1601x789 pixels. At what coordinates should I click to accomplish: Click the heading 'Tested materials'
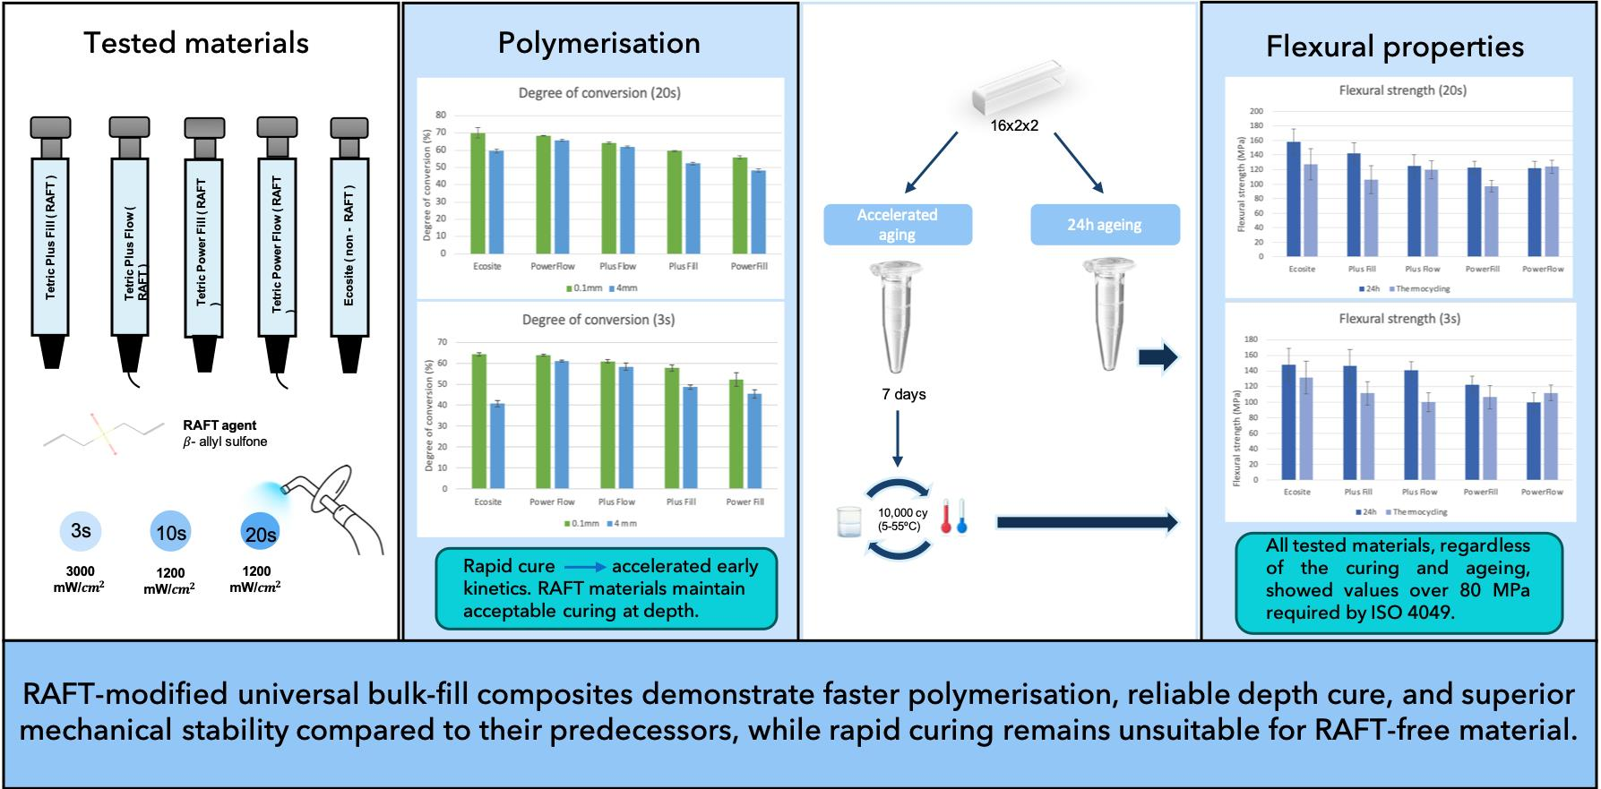tap(196, 43)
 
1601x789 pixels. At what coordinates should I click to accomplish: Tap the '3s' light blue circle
tap(81, 531)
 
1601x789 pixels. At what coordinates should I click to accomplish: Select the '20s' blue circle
tap(260, 534)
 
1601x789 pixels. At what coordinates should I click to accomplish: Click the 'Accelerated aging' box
tap(897, 225)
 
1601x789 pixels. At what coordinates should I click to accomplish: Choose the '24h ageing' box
tap(1104, 225)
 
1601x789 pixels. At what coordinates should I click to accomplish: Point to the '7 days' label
tap(903, 394)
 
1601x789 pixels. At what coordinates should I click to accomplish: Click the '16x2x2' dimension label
tap(1014, 126)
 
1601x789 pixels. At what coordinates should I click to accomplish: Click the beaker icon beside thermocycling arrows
tap(848, 521)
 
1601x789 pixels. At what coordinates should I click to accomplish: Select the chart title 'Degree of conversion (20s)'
tap(598, 93)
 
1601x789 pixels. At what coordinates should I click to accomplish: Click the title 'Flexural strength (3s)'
tap(1399, 319)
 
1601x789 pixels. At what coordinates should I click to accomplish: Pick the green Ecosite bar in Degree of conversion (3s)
tap(479, 421)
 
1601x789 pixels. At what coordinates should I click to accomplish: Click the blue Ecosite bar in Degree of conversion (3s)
tap(496, 445)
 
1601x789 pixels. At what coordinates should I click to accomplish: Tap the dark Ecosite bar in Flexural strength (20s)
tap(1294, 199)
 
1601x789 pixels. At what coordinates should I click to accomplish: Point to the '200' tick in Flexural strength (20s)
tap(1256, 112)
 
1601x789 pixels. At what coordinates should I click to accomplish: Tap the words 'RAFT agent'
tap(219, 425)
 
